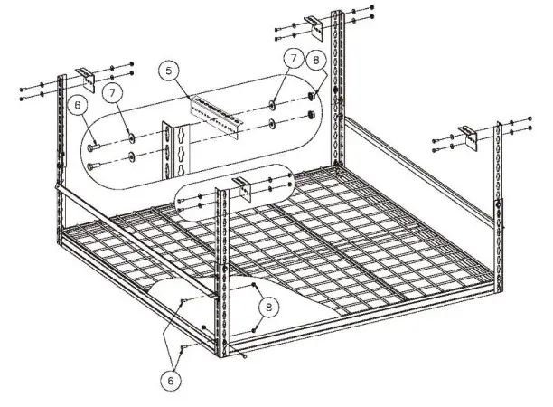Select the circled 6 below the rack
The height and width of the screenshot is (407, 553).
[x=170, y=382]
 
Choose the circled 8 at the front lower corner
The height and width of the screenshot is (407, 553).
[x=267, y=308]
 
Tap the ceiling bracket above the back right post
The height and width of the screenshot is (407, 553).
[x=311, y=22]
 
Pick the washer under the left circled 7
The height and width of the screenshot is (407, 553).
[x=132, y=137]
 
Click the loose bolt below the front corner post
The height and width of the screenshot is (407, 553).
[x=245, y=355]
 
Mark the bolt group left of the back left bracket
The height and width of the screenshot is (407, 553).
[x=36, y=92]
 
